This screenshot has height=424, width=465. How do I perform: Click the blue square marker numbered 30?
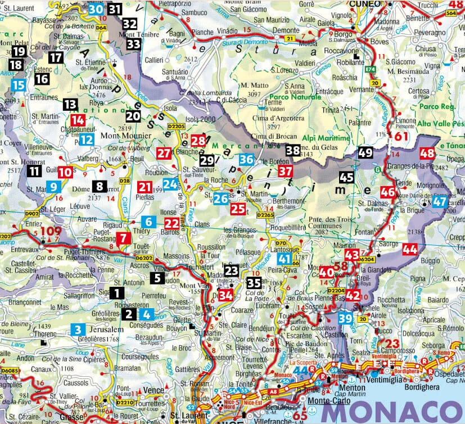click(x=96, y=9)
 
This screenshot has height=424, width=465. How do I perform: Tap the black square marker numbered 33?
click(x=134, y=44)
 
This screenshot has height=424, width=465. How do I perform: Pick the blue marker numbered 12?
click(x=86, y=139)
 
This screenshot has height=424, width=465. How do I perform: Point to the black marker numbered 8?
click(x=100, y=186)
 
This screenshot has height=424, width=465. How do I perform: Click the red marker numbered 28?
click(x=198, y=141)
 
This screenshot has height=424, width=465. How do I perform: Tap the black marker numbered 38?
click(x=292, y=150)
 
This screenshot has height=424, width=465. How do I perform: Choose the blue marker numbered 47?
click(x=440, y=202)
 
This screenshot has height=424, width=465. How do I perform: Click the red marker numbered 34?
click(x=226, y=295)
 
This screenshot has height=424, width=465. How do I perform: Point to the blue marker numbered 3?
click(x=78, y=330)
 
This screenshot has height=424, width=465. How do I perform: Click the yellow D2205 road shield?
click(x=177, y=127)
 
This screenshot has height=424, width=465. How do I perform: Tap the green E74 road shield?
click(x=371, y=69)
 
